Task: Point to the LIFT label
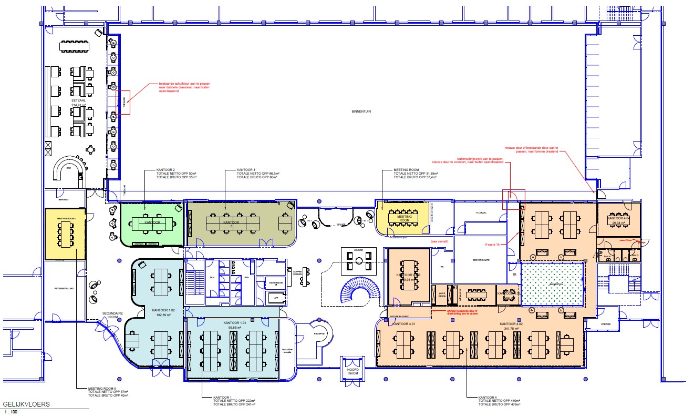tap(276, 298)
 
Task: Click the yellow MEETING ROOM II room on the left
tap(65, 234)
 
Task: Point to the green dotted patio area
tap(552, 285)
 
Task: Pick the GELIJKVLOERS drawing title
tap(26, 404)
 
